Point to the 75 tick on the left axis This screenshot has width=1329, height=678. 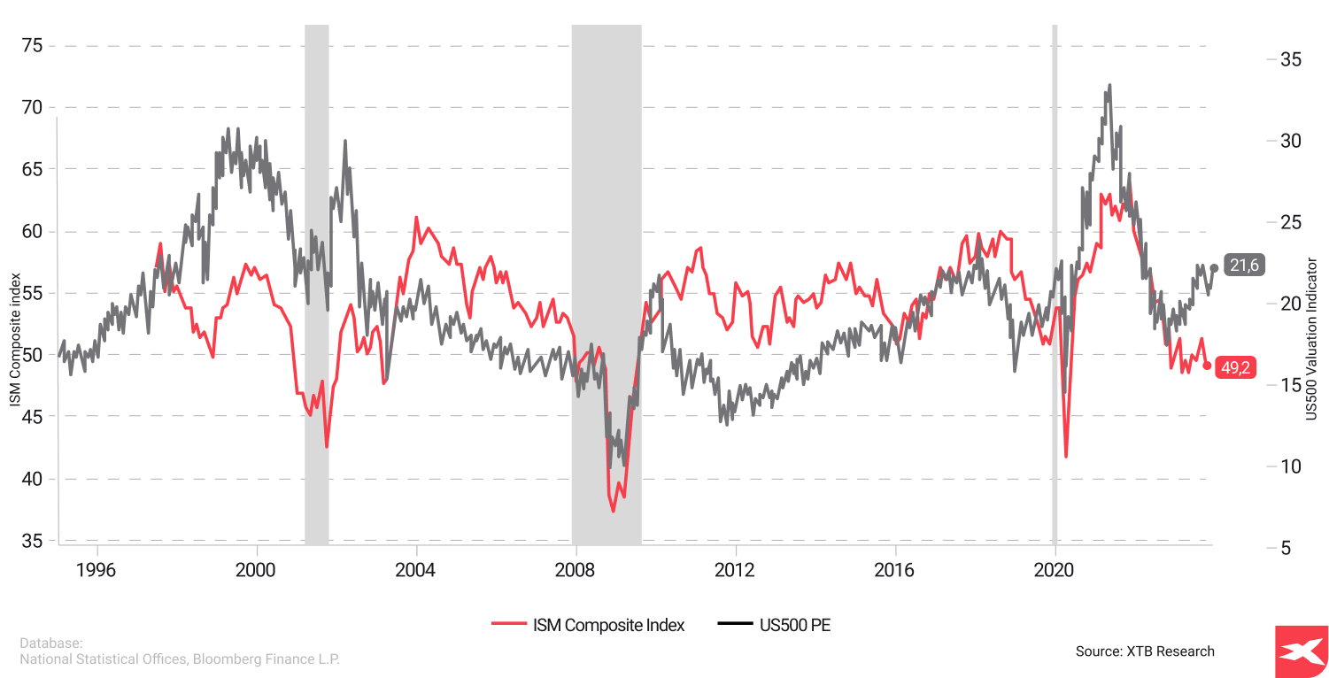pos(32,45)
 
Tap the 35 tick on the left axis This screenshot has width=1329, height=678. pos(32,540)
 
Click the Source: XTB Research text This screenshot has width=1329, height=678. pos(1145,651)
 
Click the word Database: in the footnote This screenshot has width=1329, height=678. pos(51,643)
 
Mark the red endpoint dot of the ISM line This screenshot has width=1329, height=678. pos(1207,366)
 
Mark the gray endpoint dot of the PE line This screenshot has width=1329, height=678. pos(1214,267)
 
